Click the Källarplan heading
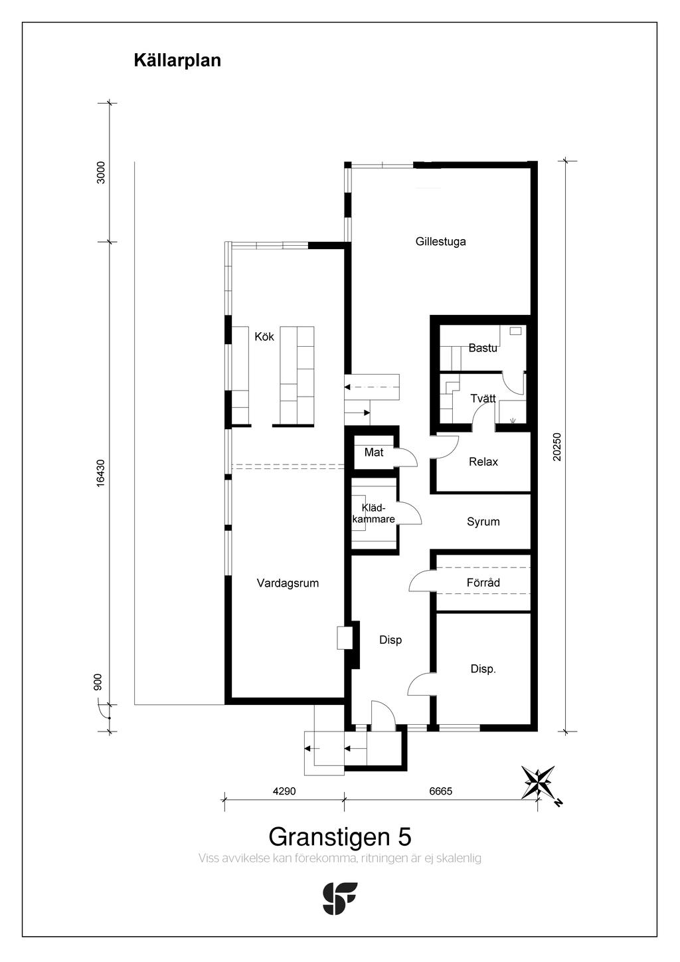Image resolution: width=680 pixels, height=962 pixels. pyautogui.click(x=177, y=60)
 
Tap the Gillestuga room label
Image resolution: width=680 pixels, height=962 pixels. pyautogui.click(x=440, y=241)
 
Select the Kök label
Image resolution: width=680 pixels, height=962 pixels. pyautogui.click(x=264, y=336)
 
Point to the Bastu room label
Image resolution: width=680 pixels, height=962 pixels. pyautogui.click(x=483, y=347)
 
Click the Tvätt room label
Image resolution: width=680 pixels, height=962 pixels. pyautogui.click(x=483, y=398)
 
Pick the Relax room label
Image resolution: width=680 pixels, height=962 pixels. pyautogui.click(x=483, y=462)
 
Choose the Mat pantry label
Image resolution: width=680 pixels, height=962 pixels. pyautogui.click(x=374, y=452)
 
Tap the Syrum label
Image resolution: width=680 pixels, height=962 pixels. pyautogui.click(x=483, y=522)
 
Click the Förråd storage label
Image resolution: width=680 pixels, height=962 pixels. pyautogui.click(x=483, y=583)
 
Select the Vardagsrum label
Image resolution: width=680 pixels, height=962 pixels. pyautogui.click(x=288, y=583)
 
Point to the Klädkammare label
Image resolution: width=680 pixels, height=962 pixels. pyautogui.click(x=373, y=514)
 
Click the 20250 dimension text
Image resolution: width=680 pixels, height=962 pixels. pyautogui.click(x=556, y=446)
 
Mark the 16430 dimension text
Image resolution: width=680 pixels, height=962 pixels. pyautogui.click(x=100, y=473)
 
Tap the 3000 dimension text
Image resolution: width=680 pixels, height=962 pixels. pyautogui.click(x=100, y=173)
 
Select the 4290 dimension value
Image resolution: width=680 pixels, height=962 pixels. pyautogui.click(x=284, y=791)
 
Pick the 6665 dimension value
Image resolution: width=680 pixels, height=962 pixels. pyautogui.click(x=441, y=791)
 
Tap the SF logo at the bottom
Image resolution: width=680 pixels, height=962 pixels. pyautogui.click(x=340, y=899)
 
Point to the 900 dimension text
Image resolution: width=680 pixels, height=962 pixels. pyautogui.click(x=98, y=682)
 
